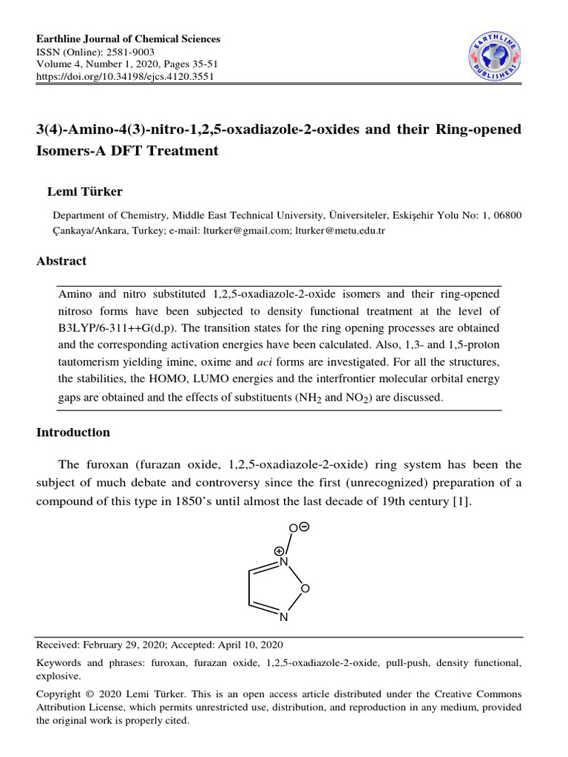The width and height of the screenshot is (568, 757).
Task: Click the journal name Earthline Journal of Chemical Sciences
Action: point(129,39)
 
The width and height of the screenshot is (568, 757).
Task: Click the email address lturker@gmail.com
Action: point(246,230)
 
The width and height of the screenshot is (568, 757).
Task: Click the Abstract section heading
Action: point(61,261)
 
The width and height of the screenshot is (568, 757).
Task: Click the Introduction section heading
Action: point(73,432)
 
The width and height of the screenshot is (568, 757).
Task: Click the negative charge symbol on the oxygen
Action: point(305,526)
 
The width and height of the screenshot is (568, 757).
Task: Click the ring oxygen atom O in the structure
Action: point(305,588)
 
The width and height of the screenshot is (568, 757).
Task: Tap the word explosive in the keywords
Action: point(58,675)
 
